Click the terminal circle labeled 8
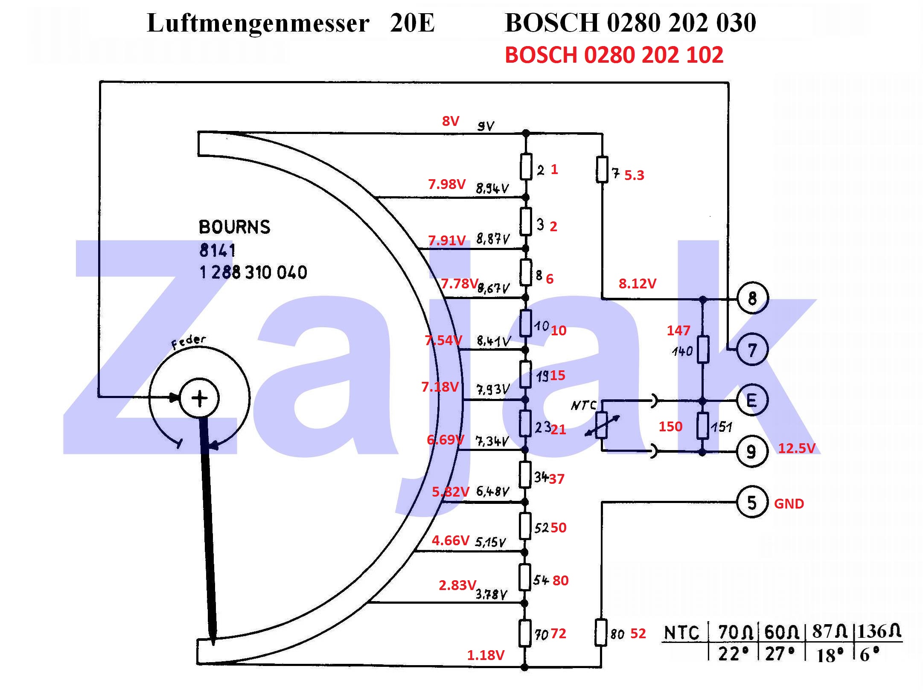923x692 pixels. coord(752,298)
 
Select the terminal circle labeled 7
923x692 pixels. coord(752,349)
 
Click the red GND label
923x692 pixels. coord(789,504)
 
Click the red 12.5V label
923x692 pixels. coord(796,448)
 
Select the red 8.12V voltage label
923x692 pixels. coord(637,283)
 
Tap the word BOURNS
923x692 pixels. coord(234,227)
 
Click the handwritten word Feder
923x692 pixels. coord(188,341)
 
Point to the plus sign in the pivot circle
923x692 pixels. coord(199,398)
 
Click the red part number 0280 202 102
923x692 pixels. coord(653,55)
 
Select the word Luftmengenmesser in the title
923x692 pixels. coord(258,23)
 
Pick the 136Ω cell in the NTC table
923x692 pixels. coord(879,631)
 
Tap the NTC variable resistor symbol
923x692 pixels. coord(601,425)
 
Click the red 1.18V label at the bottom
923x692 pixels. coord(485,655)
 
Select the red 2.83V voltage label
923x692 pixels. coord(457,585)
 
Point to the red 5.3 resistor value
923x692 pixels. coord(634,175)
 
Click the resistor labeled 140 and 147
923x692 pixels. coord(702,349)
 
